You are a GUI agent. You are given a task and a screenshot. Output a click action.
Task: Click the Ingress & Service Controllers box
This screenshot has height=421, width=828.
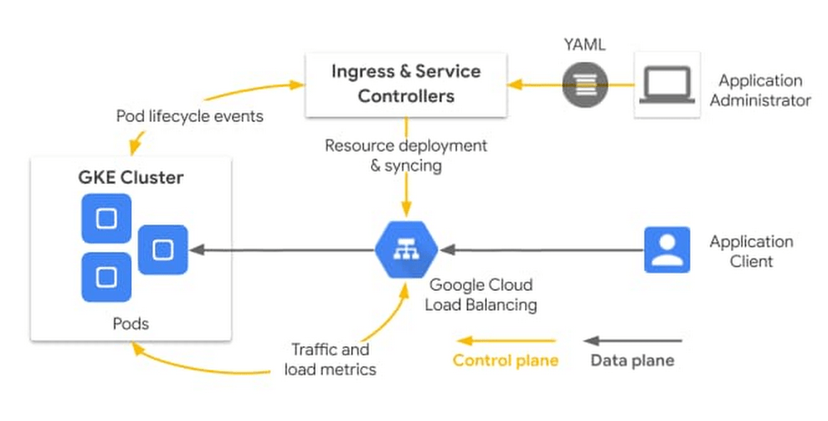pyautogui.click(x=406, y=84)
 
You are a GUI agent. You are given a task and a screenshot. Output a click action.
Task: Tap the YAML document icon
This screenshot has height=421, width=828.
pyautogui.click(x=585, y=84)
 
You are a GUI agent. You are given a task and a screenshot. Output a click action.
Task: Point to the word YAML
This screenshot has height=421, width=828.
pyautogui.click(x=584, y=45)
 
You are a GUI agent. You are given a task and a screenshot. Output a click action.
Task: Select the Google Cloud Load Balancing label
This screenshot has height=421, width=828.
pyautogui.click(x=480, y=295)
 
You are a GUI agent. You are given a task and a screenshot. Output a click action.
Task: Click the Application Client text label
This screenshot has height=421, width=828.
pyautogui.click(x=751, y=251)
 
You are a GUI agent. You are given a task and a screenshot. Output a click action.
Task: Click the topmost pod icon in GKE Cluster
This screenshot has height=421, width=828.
pyautogui.click(x=106, y=219)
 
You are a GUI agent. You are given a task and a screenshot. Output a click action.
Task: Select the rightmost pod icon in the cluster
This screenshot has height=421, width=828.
pyautogui.click(x=163, y=249)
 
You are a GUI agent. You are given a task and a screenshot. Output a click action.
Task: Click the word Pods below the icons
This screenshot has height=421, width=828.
pyautogui.click(x=131, y=323)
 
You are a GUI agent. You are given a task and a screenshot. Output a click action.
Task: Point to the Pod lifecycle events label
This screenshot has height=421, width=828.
pyautogui.click(x=189, y=116)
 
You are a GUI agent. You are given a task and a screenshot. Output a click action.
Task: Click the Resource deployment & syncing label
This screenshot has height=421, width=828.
pyautogui.click(x=406, y=156)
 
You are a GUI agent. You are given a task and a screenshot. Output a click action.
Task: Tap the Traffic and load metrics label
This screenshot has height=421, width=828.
pyautogui.click(x=330, y=360)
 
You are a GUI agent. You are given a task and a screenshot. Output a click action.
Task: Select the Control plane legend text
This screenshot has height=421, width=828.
pyautogui.click(x=505, y=361)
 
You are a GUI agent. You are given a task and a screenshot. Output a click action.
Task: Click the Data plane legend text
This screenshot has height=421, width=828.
pyautogui.click(x=632, y=361)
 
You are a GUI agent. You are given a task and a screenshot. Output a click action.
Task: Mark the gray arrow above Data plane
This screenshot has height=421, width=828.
pyautogui.click(x=633, y=341)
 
